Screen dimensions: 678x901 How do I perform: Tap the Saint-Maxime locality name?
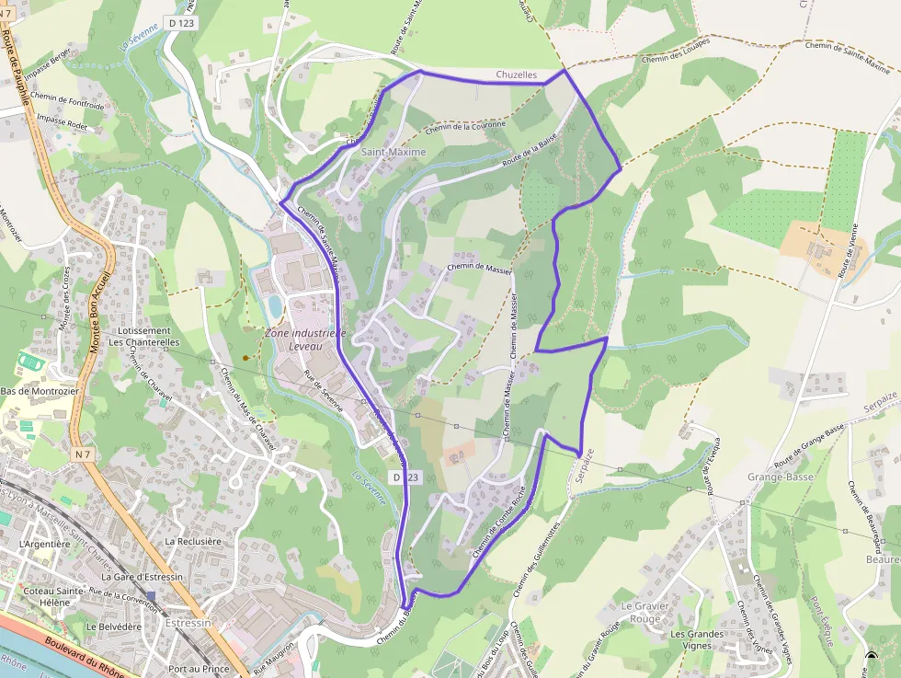point(393,152)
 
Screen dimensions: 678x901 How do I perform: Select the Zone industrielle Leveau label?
point(305,339)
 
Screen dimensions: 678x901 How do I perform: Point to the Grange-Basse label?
point(781,477)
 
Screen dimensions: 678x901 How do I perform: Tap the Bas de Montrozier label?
point(40,391)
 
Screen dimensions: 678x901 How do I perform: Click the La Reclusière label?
point(193,542)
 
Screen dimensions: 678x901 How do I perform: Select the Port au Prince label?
point(199,669)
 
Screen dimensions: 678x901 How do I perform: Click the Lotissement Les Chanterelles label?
point(144,336)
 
